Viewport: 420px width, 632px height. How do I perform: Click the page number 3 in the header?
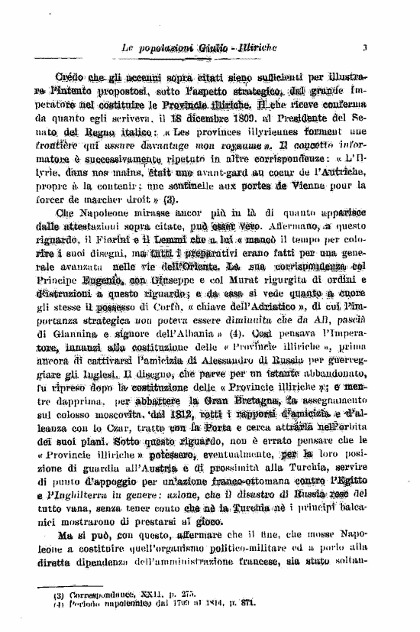365,48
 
